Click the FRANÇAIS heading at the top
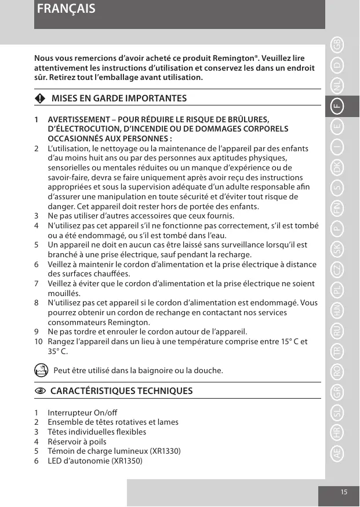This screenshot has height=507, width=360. point(65,10)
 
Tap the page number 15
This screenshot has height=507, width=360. point(344,492)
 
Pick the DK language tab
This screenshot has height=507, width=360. point(337,167)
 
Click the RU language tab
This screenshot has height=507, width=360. point(337,331)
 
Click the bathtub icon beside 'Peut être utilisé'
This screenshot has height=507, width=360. point(41,370)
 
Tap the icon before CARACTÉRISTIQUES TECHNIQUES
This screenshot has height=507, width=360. point(39,391)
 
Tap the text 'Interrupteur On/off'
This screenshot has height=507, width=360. point(82,413)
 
